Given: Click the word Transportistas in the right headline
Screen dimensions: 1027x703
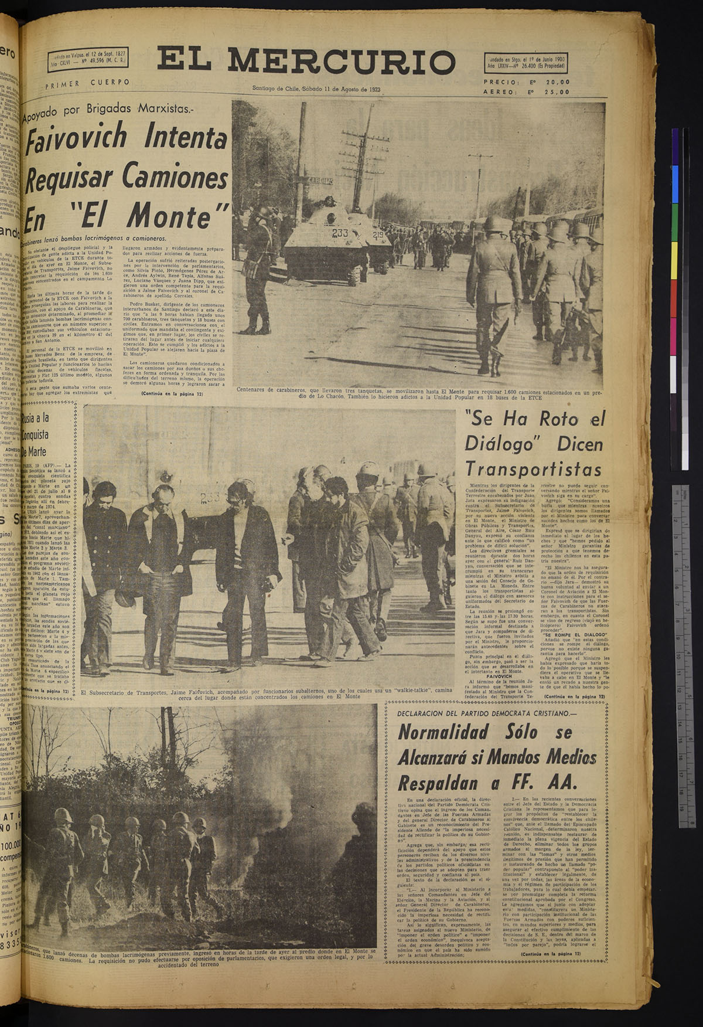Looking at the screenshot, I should [533, 469].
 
